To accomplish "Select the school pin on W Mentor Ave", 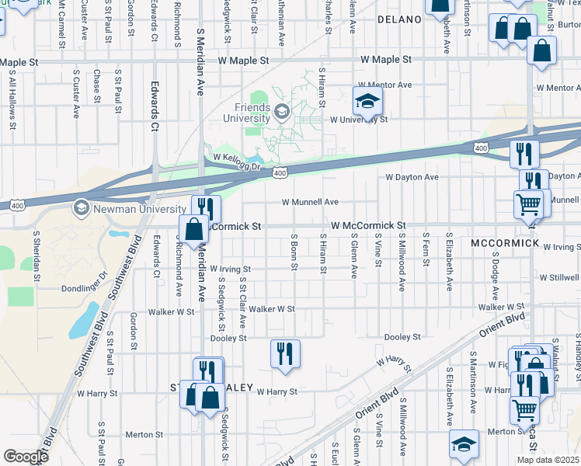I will (368, 101).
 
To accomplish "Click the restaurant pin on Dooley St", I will (285, 353).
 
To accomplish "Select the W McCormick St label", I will (368, 225).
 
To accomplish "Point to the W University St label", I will (358, 120).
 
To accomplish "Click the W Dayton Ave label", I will (412, 177).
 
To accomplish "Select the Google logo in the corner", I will (25, 457).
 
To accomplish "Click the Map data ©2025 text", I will (548, 460).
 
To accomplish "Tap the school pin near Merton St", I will (464, 443).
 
